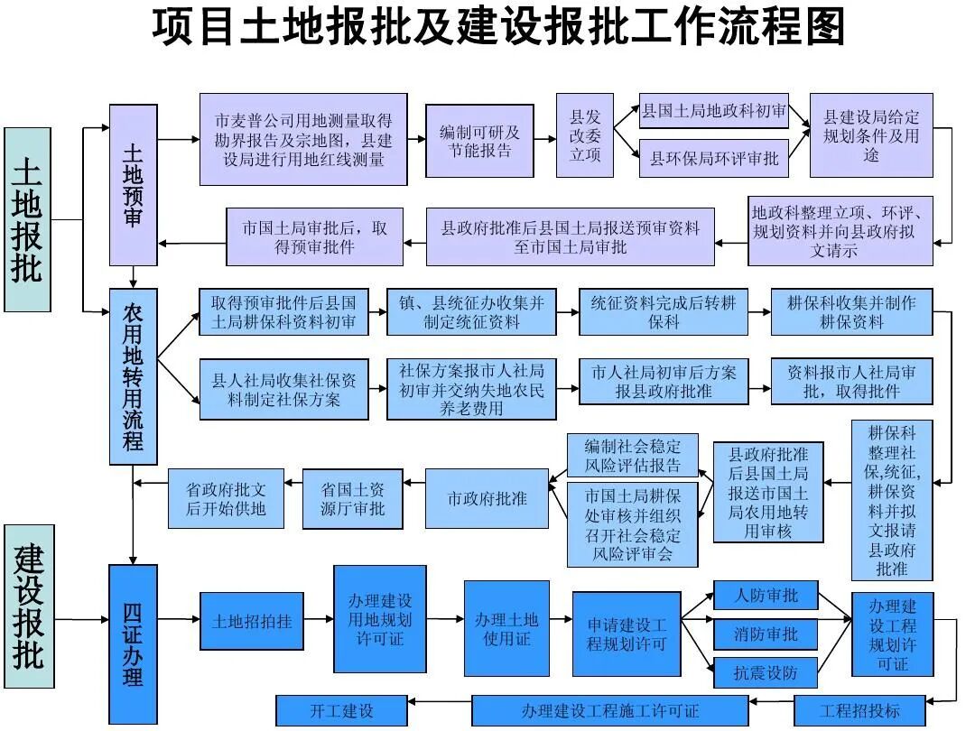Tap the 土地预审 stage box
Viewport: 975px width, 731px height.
133,185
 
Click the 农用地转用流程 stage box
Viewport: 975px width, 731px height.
133,376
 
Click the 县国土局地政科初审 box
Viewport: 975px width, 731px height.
713,113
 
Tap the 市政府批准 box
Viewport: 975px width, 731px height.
487,498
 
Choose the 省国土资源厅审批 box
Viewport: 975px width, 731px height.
353,498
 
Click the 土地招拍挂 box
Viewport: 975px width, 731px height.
252,622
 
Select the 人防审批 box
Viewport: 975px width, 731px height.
766,596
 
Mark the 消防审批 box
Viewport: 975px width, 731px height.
766,634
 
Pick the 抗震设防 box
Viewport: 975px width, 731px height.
766,673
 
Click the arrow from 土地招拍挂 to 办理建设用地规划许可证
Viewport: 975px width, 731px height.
319,621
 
